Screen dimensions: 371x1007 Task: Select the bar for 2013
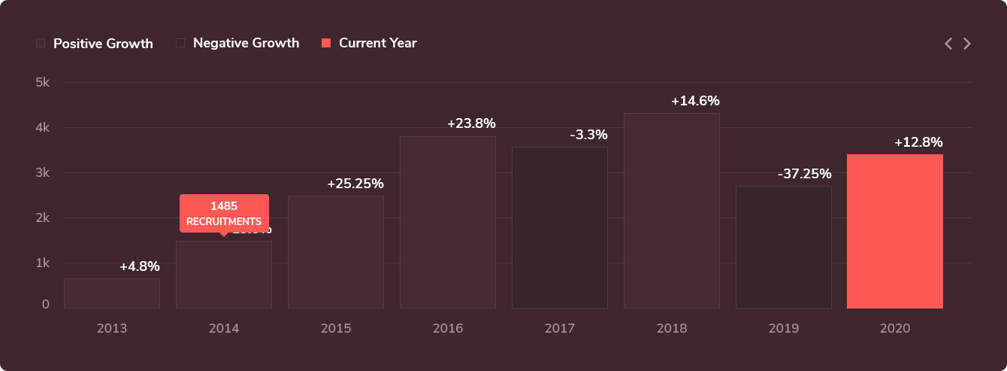(x=112, y=293)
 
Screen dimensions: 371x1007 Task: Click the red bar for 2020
(x=894, y=231)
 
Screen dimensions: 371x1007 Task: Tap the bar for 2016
(x=447, y=222)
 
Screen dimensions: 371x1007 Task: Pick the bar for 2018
(x=671, y=211)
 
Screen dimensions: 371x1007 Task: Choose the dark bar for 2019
(x=783, y=247)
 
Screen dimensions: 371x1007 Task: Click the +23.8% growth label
(x=471, y=123)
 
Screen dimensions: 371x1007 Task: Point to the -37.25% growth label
(x=804, y=174)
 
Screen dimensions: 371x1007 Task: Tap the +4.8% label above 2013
(x=140, y=266)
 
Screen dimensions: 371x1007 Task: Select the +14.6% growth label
(x=695, y=101)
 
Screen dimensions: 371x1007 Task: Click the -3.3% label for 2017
(x=588, y=135)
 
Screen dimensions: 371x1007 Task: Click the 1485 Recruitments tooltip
(x=224, y=214)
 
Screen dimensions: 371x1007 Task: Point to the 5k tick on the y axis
(x=42, y=82)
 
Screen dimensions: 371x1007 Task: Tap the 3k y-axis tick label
(x=42, y=172)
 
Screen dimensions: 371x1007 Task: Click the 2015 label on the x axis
(x=335, y=329)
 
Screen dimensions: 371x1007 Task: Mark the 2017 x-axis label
(x=559, y=329)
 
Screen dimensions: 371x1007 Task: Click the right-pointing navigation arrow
(x=967, y=44)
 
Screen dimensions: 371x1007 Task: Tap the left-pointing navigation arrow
(x=948, y=44)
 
